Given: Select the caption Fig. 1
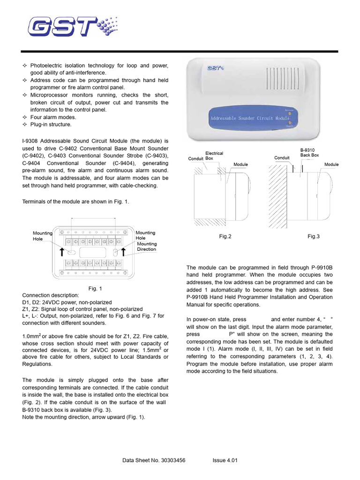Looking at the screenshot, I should click(x=95, y=289).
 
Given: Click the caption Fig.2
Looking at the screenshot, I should click(x=225, y=237).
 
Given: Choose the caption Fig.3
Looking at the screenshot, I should click(x=314, y=237).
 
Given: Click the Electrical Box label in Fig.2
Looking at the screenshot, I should click(x=214, y=156).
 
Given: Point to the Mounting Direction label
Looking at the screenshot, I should click(x=147, y=247).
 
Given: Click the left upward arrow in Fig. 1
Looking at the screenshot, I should click(x=61, y=252).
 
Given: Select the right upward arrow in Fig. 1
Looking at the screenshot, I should click(x=124, y=252).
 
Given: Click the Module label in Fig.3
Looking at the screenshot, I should click(x=331, y=165).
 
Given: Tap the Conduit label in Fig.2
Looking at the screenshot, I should click(x=195, y=158).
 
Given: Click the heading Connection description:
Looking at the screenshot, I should click(x=51, y=295).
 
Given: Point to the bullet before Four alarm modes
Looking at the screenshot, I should click(x=25, y=117).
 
